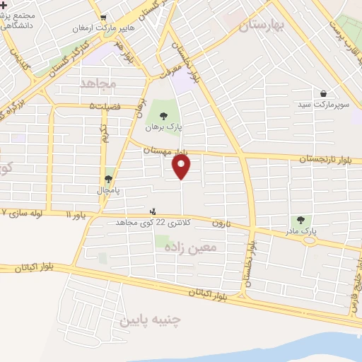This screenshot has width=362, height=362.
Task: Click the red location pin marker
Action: click(182, 167)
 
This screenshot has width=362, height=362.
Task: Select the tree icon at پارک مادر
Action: click(302, 221)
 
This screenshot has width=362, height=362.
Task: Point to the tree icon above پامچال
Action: click(108, 180)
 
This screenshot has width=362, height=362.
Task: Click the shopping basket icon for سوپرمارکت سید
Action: click(323, 93)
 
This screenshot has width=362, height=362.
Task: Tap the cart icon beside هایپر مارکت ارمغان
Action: click(104, 18)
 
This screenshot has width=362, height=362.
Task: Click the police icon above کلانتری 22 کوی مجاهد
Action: click(152, 211)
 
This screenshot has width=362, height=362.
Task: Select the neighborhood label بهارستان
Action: click(261, 25)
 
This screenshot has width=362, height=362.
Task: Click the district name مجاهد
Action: click(98, 83)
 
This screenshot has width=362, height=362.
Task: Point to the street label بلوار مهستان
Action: click(165, 151)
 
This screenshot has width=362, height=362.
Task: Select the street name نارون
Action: click(222, 223)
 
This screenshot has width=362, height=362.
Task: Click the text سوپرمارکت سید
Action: click(322, 105)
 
